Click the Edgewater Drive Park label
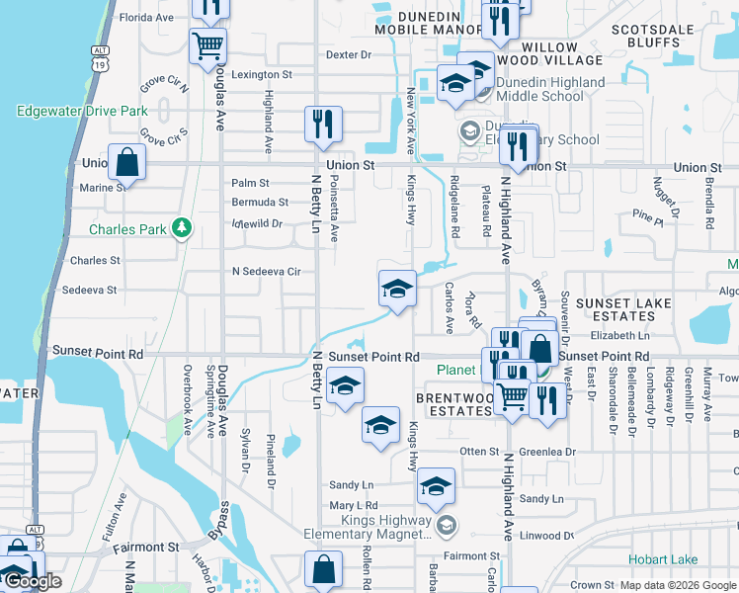pyautogui.click(x=82, y=112)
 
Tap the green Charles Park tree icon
pyautogui.click(x=181, y=228)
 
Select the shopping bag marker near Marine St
pyautogui.click(x=127, y=161)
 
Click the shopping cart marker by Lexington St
pyautogui.click(x=208, y=44)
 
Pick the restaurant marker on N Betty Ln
pyautogui.click(x=323, y=124)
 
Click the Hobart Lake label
pyautogui.click(x=691, y=560)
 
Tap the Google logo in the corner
pyautogui.click(x=32, y=581)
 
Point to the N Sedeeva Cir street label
pyautogui.click(x=266, y=271)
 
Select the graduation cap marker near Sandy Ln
pyautogui.click(x=436, y=485)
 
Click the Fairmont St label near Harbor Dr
pyautogui.click(x=145, y=547)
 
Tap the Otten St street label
pyautogui.click(x=480, y=452)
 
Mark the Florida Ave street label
pyautogui.click(x=146, y=18)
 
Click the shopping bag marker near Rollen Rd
pyautogui.click(x=324, y=568)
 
